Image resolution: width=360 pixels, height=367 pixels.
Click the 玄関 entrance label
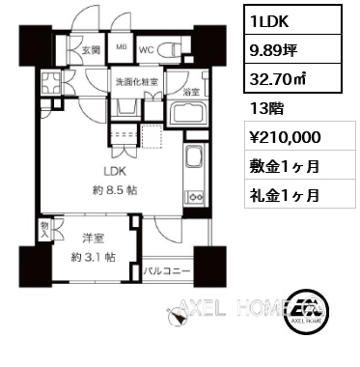tap(91, 50)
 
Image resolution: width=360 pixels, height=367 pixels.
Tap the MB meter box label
tap(122, 46)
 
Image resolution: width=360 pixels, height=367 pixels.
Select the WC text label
tap(147, 50)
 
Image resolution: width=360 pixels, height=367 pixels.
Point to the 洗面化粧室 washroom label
tap(137, 82)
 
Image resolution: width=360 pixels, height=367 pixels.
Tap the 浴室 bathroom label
tap(191, 92)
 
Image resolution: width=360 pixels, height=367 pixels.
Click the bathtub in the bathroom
tap(187, 115)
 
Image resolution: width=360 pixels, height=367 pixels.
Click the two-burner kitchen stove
tap(194, 197)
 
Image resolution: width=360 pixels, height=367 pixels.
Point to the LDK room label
tap(115, 172)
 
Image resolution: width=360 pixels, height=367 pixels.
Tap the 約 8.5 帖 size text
tap(115, 190)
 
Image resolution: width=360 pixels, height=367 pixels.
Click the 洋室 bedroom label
tap(93, 239)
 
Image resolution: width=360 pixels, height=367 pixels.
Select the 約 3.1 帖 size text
tap(93, 257)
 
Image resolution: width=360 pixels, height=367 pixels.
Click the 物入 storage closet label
tap(44, 230)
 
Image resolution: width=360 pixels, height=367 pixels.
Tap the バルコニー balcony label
tap(167, 271)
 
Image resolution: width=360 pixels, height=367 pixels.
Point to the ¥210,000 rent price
tap(286, 137)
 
